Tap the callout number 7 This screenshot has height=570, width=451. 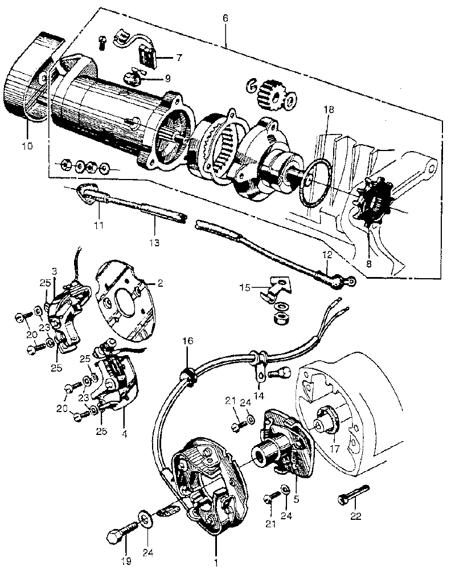(179, 58)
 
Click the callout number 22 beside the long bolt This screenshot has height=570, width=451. (356, 518)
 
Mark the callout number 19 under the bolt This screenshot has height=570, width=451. (126, 561)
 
